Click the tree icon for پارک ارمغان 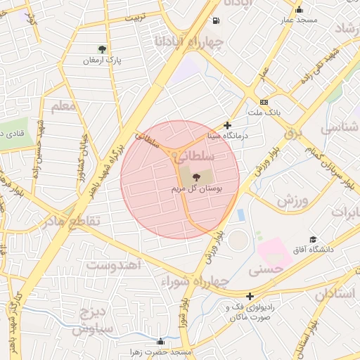click(103, 49)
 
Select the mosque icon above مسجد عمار click(299, 10)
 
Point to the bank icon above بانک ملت click(264, 102)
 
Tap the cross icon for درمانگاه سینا click(227, 125)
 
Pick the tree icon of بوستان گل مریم click(196, 178)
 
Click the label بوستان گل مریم click(197, 190)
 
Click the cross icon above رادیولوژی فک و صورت click(250, 297)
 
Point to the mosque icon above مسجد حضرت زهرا click(160, 341)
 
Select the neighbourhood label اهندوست click(115, 265)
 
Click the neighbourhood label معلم click(63, 107)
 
